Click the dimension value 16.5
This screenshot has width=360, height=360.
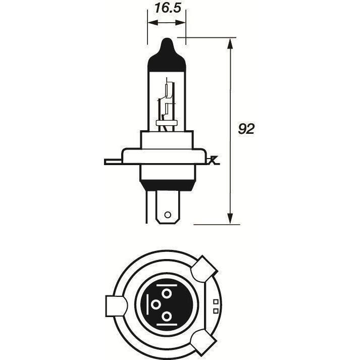[x=168, y=8]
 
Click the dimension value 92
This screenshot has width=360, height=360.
[x=246, y=129]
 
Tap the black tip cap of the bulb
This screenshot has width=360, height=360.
[x=167, y=55]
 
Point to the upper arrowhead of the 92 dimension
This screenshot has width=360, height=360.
[x=230, y=43]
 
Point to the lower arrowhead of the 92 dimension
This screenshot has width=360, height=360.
[x=230, y=219]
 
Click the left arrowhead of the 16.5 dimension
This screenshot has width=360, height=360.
[x=153, y=23]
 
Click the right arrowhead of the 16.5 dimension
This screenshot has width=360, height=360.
[x=180, y=23]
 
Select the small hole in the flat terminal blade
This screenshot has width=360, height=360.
[x=168, y=215]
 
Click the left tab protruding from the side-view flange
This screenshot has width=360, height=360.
[x=113, y=162]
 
